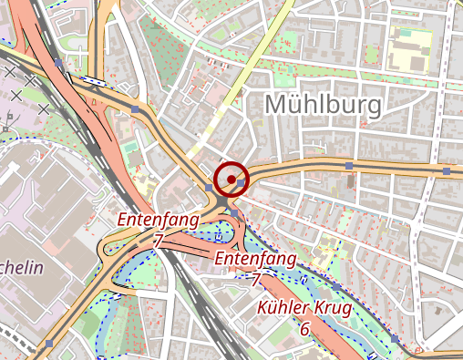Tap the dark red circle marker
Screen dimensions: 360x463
click(232, 178)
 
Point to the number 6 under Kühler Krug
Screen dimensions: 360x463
click(304, 328)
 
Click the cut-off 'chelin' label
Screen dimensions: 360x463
click(20, 267)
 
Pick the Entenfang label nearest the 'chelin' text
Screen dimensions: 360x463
click(153, 220)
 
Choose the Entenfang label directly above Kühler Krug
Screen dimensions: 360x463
click(255, 259)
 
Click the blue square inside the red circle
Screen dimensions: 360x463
click(241, 183)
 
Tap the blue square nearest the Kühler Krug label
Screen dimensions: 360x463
click(335, 287)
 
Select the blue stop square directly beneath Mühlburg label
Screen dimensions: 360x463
click(348, 166)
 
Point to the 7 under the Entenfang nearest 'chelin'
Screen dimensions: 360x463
click(159, 240)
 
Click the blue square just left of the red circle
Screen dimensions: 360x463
click(210, 188)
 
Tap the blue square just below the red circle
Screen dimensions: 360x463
click(233, 213)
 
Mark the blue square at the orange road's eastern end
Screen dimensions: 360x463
click(446, 170)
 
